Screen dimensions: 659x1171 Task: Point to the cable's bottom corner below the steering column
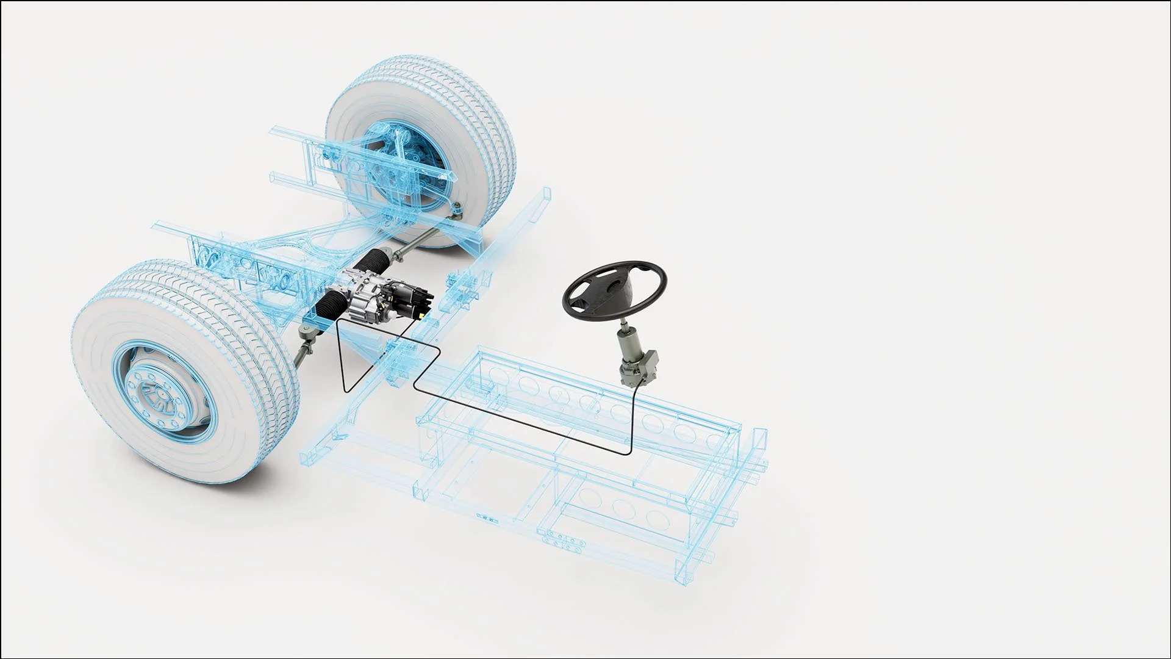pyautogui.click(x=627, y=452)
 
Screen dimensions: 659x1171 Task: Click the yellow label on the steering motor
pyautogui.click(x=420, y=316)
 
